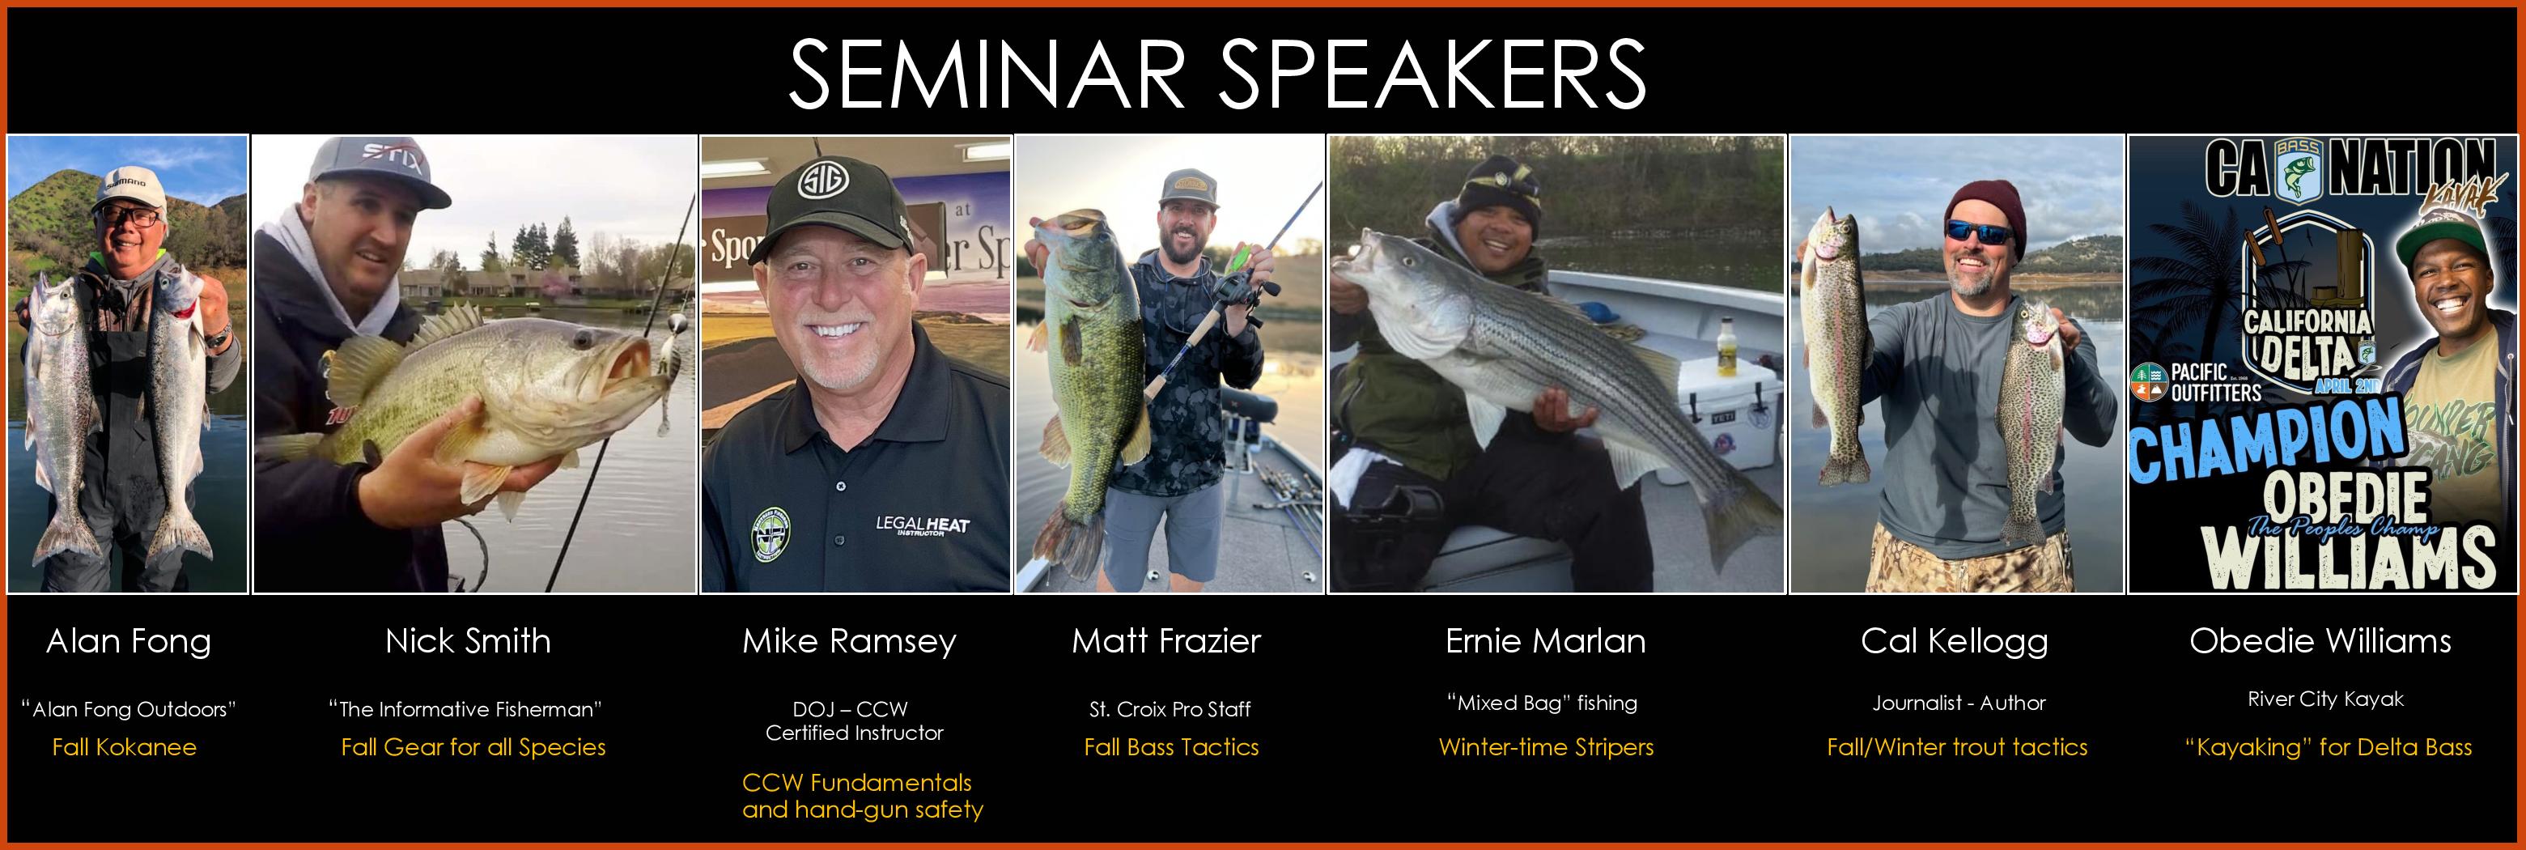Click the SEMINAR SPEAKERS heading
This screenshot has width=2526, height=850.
tap(1217, 74)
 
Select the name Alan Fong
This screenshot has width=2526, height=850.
tap(129, 642)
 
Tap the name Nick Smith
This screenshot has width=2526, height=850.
tap(468, 641)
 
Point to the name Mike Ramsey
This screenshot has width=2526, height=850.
tap(848, 642)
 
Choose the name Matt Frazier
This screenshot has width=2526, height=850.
tap(1166, 641)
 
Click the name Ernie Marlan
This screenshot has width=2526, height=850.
tap(1545, 641)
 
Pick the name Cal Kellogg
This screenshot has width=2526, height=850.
tap(1955, 642)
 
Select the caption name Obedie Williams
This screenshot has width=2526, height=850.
tap(2320, 641)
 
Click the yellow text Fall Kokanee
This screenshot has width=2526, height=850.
tap(125, 747)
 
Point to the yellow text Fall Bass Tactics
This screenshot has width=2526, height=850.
tap(1171, 747)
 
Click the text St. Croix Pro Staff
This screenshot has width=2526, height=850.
tap(1170, 709)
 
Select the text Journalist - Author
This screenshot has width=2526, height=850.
tap(1959, 703)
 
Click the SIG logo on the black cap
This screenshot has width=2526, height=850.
tap(816, 183)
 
